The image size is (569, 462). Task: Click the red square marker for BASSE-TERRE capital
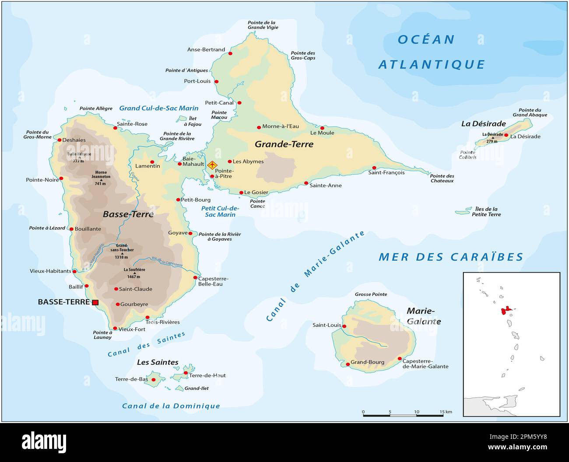(95, 302)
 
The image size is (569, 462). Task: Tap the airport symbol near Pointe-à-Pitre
(212, 165)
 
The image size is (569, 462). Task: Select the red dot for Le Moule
(322, 128)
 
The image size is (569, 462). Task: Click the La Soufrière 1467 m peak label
(134, 273)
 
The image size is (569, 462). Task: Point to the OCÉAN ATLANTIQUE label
(431, 52)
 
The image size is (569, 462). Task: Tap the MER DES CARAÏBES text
(451, 257)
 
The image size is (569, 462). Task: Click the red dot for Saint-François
(374, 168)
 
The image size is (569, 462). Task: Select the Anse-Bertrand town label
(206, 49)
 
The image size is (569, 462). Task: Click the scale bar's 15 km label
(446, 412)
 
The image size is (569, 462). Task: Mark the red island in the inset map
(506, 311)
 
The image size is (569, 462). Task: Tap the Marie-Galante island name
(423, 316)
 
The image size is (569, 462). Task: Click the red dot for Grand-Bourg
(348, 364)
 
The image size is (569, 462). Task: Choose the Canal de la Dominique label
(171, 406)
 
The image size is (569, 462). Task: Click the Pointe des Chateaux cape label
(442, 178)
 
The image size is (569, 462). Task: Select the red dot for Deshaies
(60, 140)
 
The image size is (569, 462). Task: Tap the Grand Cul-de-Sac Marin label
(159, 108)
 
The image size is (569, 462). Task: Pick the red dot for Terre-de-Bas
(154, 380)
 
